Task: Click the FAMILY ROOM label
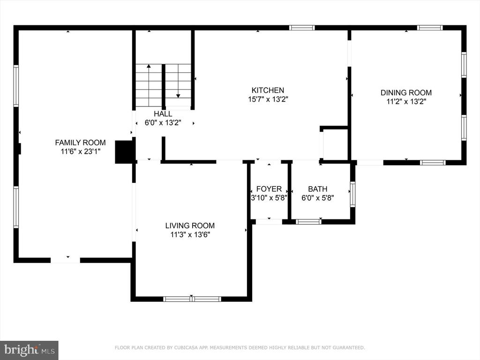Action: [x=80, y=142]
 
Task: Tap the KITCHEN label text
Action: [x=268, y=90]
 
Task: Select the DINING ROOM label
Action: [x=406, y=92]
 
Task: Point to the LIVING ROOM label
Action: [x=190, y=225]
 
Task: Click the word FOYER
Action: [x=269, y=189]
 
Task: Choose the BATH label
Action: [x=317, y=189]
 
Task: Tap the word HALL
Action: [x=163, y=114]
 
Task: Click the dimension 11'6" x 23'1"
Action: [x=80, y=151]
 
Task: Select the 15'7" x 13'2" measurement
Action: [x=268, y=99]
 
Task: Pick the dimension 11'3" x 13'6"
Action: [x=190, y=235]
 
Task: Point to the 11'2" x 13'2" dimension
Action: [x=406, y=101]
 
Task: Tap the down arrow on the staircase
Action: [x=178, y=81]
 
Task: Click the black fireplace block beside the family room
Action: [x=124, y=152]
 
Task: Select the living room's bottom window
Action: [x=192, y=299]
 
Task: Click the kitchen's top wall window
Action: [x=302, y=28]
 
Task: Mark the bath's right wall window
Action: [x=352, y=195]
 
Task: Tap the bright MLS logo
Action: [x=29, y=350]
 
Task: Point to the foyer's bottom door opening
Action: [x=269, y=222]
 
